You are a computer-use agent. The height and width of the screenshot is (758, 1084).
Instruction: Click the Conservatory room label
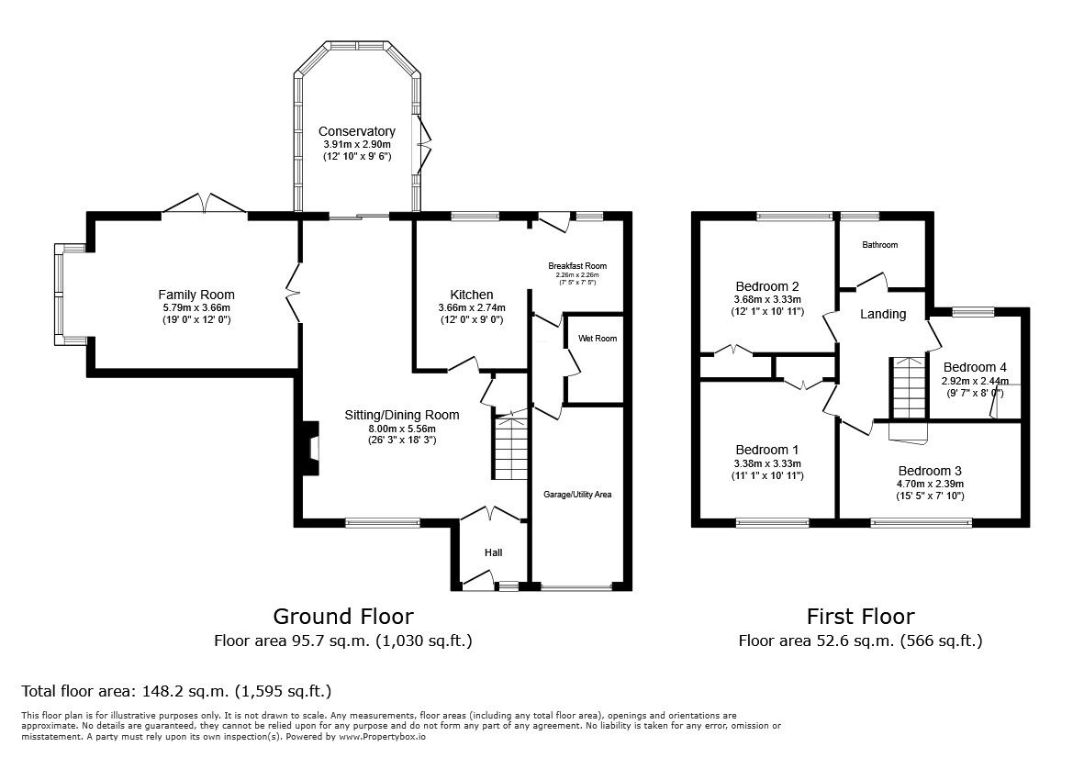pyautogui.click(x=357, y=131)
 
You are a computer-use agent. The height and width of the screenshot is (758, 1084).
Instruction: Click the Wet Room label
pyautogui.click(x=597, y=339)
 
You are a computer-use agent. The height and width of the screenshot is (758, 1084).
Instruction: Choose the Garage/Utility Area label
pyautogui.click(x=576, y=495)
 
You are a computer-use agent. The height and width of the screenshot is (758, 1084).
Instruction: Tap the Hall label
pyautogui.click(x=493, y=552)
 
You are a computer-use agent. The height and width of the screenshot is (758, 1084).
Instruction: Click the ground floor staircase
pyautogui.click(x=510, y=447)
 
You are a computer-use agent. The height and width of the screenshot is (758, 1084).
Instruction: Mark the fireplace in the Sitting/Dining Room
pyautogui.click(x=311, y=448)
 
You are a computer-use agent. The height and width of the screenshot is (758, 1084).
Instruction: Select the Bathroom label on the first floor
pyautogui.click(x=879, y=245)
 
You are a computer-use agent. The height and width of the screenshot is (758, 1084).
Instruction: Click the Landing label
pyautogui.click(x=882, y=314)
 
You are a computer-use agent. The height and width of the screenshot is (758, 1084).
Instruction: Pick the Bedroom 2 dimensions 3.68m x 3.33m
pyautogui.click(x=768, y=299)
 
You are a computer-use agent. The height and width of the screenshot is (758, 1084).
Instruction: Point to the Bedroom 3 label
pyautogui.click(x=930, y=471)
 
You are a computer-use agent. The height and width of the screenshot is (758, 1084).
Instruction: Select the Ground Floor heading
pyautogui.click(x=342, y=616)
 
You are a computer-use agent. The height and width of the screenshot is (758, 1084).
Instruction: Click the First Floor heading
pyautogui.click(x=860, y=616)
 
